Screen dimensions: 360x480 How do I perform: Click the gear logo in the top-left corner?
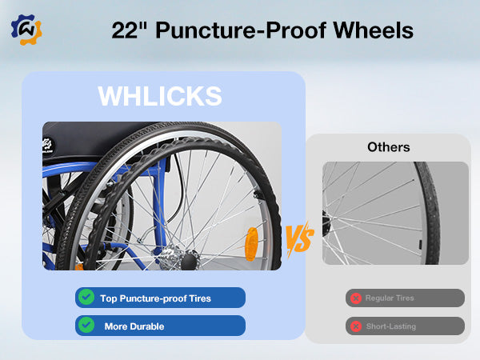[x=26, y=30]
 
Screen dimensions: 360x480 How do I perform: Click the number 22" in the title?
[x=130, y=30]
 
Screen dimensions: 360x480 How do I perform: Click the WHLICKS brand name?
[x=160, y=95]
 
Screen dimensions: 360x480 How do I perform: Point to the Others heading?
[x=389, y=147]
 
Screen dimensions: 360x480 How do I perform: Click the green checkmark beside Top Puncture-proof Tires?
[x=86, y=298]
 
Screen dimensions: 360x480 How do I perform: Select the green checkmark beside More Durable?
[x=86, y=326]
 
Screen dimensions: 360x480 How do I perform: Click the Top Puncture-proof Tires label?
[x=155, y=298]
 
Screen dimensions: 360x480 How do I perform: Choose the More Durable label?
[x=134, y=326]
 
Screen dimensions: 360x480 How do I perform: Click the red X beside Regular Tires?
[x=354, y=298]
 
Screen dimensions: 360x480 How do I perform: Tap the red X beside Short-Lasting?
[x=354, y=326]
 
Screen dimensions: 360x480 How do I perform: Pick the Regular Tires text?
[x=390, y=298]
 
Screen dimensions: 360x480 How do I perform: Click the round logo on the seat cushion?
[x=51, y=146]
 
